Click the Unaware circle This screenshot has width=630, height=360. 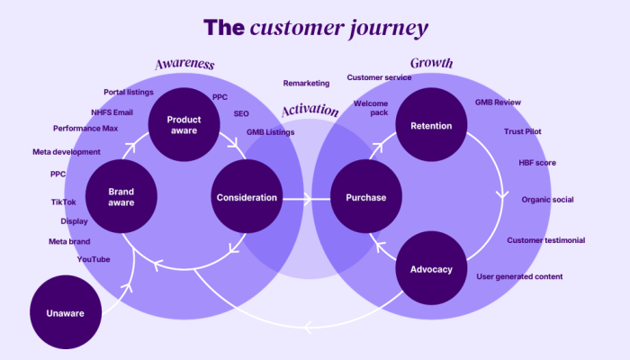(66, 312)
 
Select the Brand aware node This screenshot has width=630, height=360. (121, 196)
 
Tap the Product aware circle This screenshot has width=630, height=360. (184, 124)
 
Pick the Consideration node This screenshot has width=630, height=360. (247, 196)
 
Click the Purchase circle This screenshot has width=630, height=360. (366, 196)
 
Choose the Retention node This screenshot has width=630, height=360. (431, 124)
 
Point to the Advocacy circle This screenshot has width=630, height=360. (431, 268)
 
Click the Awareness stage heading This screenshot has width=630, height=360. (184, 64)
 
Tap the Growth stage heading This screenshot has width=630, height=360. (431, 63)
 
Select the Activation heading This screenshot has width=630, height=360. (310, 110)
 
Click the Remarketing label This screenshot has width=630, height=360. (306, 83)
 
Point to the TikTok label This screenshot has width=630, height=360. (64, 202)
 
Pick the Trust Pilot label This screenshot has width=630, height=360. (523, 131)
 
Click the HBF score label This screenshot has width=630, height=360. (537, 163)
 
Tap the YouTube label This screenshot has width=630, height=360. (94, 259)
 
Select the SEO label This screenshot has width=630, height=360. (241, 113)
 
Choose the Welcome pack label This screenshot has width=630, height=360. (371, 108)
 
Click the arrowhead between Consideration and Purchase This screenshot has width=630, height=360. (308, 199)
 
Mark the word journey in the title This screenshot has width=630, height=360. (389, 29)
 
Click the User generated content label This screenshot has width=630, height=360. (519, 276)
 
